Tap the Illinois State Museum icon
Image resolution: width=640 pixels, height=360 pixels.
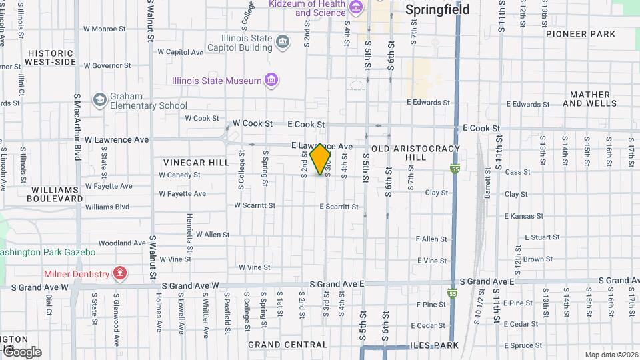coord(271,81)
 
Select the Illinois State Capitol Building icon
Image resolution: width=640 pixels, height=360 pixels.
coord(283,43)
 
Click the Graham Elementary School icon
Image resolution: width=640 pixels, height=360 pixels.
coord(100,100)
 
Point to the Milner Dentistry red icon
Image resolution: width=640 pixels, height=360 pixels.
coord(119,273)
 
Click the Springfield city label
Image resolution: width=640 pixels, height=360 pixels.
coord(437,10)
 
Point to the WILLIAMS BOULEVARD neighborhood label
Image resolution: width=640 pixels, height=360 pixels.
coord(55,194)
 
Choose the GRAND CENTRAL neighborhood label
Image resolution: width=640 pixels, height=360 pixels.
coord(287,345)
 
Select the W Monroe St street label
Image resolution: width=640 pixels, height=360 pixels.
coord(105,29)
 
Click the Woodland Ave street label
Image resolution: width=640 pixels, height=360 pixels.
coord(121,243)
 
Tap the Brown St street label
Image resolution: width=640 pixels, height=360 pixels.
coord(533,259)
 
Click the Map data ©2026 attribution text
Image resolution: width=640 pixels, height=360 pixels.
coord(611,355)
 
